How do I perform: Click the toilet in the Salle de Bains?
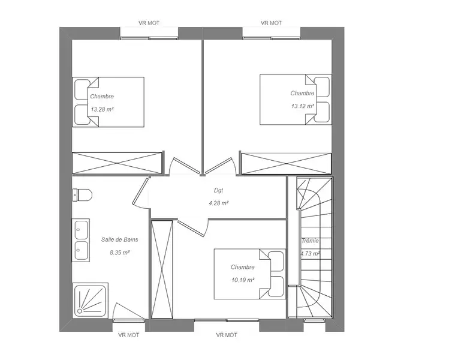coord(82,195)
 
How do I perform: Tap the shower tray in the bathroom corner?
coord(90,300)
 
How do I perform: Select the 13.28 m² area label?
coord(103,109)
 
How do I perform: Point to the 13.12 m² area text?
coord(303,106)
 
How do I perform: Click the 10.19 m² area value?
coord(243,280)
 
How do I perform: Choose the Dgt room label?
coord(218,190)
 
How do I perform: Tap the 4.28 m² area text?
coord(218,203)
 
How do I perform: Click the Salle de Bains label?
coord(120,239)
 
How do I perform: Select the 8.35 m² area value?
coord(120,253)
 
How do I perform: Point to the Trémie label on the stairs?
coord(310,241)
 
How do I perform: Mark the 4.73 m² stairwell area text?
coord(310,254)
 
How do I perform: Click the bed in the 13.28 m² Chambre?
coord(108,102)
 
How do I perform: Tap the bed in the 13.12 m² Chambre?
coord(296,100)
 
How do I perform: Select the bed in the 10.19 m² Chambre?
coord(250,274)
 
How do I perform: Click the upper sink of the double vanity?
coord(82,230)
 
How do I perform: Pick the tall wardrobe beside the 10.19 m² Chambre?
coord(162,269)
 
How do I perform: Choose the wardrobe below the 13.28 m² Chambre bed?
coord(117,163)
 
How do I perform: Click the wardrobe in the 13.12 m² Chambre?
coord(287,164)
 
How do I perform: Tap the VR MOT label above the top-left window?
coord(149,23)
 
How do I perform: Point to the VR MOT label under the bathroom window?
coord(128,335)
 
